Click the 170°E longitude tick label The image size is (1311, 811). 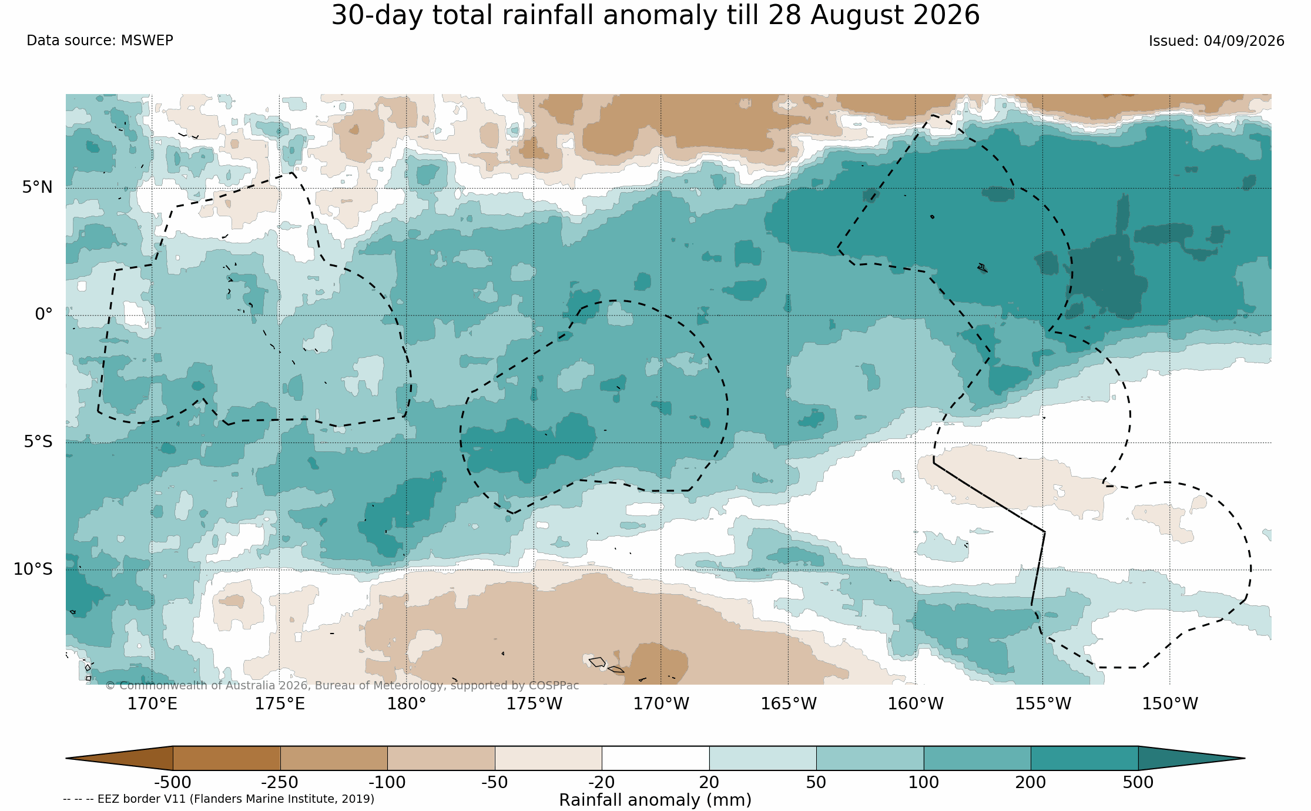(152, 703)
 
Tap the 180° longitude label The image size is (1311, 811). (407, 703)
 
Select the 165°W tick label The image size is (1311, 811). (789, 703)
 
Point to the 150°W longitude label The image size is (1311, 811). (1170, 703)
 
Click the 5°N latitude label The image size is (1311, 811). (38, 187)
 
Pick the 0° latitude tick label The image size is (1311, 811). (44, 314)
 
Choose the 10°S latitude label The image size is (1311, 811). (33, 569)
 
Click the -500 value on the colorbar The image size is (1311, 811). (172, 782)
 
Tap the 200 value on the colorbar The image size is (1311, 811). (1031, 782)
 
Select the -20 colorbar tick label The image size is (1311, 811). (601, 782)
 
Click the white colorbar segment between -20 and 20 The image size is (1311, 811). (655, 758)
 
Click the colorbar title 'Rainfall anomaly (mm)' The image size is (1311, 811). (655, 800)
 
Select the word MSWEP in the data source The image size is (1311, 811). (147, 41)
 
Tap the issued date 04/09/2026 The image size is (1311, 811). (1244, 41)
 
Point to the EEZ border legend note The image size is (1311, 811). (219, 799)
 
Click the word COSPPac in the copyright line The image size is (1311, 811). (554, 685)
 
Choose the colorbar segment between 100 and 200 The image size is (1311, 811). (977, 758)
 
